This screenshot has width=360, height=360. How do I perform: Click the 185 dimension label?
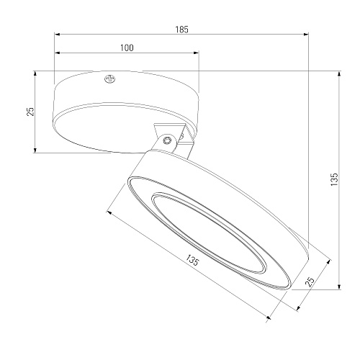coord(181,30)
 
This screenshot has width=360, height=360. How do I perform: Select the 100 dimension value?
coord(127,48)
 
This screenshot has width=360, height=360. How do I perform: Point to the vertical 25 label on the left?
coord(30,112)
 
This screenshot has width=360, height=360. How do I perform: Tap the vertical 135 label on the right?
coord(334,179)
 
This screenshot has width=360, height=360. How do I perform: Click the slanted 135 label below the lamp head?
coord(192,260)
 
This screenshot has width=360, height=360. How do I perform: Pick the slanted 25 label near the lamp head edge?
coord(310,282)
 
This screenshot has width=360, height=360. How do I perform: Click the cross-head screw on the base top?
coord(110,78)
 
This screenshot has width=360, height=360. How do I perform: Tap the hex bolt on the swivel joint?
coord(167,140)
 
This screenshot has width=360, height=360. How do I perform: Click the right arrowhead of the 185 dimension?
coord(306,35)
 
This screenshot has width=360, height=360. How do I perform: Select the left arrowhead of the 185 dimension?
coord(57,35)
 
